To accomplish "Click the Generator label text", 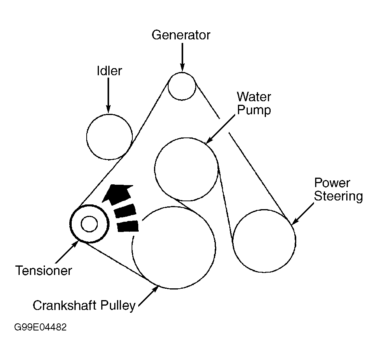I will point(181,35).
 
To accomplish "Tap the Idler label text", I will point(110,71).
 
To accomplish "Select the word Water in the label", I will point(254,96).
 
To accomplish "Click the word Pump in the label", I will point(254,110).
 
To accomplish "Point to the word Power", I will point(332,183).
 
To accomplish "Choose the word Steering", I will point(338,196).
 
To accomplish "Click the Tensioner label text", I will point(44,271).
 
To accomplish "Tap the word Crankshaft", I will point(68,306).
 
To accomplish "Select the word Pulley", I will point(120,306).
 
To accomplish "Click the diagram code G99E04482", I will point(40,327).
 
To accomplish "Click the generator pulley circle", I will point(182,86).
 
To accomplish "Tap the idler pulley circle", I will point(109,137).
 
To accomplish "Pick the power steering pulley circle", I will point(264,241).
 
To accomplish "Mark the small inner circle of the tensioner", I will point(89,224).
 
